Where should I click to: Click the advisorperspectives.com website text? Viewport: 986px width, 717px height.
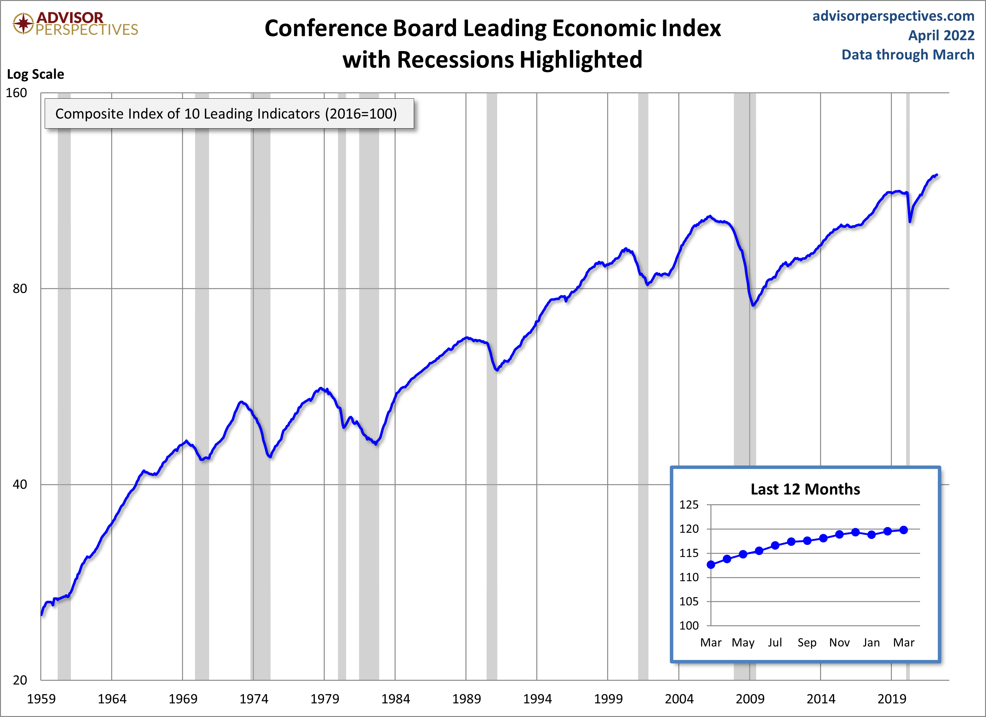tap(893, 16)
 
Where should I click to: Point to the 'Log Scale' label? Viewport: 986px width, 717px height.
tap(35, 74)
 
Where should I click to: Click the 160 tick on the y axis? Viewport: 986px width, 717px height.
tap(16, 93)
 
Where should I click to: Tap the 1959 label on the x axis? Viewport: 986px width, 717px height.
tap(41, 699)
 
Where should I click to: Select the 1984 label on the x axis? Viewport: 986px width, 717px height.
tap(395, 699)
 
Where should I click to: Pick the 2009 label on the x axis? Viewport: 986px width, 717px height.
tap(749, 699)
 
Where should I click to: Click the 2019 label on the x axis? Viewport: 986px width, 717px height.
tap(891, 699)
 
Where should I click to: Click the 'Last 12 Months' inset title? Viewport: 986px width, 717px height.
tap(805, 489)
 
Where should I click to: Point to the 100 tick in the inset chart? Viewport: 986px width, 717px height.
tap(689, 626)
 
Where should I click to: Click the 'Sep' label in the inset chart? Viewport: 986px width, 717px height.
tap(806, 643)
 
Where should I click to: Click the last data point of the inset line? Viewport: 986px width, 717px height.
tap(903, 530)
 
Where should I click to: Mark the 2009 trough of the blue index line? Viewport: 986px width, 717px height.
tap(753, 305)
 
